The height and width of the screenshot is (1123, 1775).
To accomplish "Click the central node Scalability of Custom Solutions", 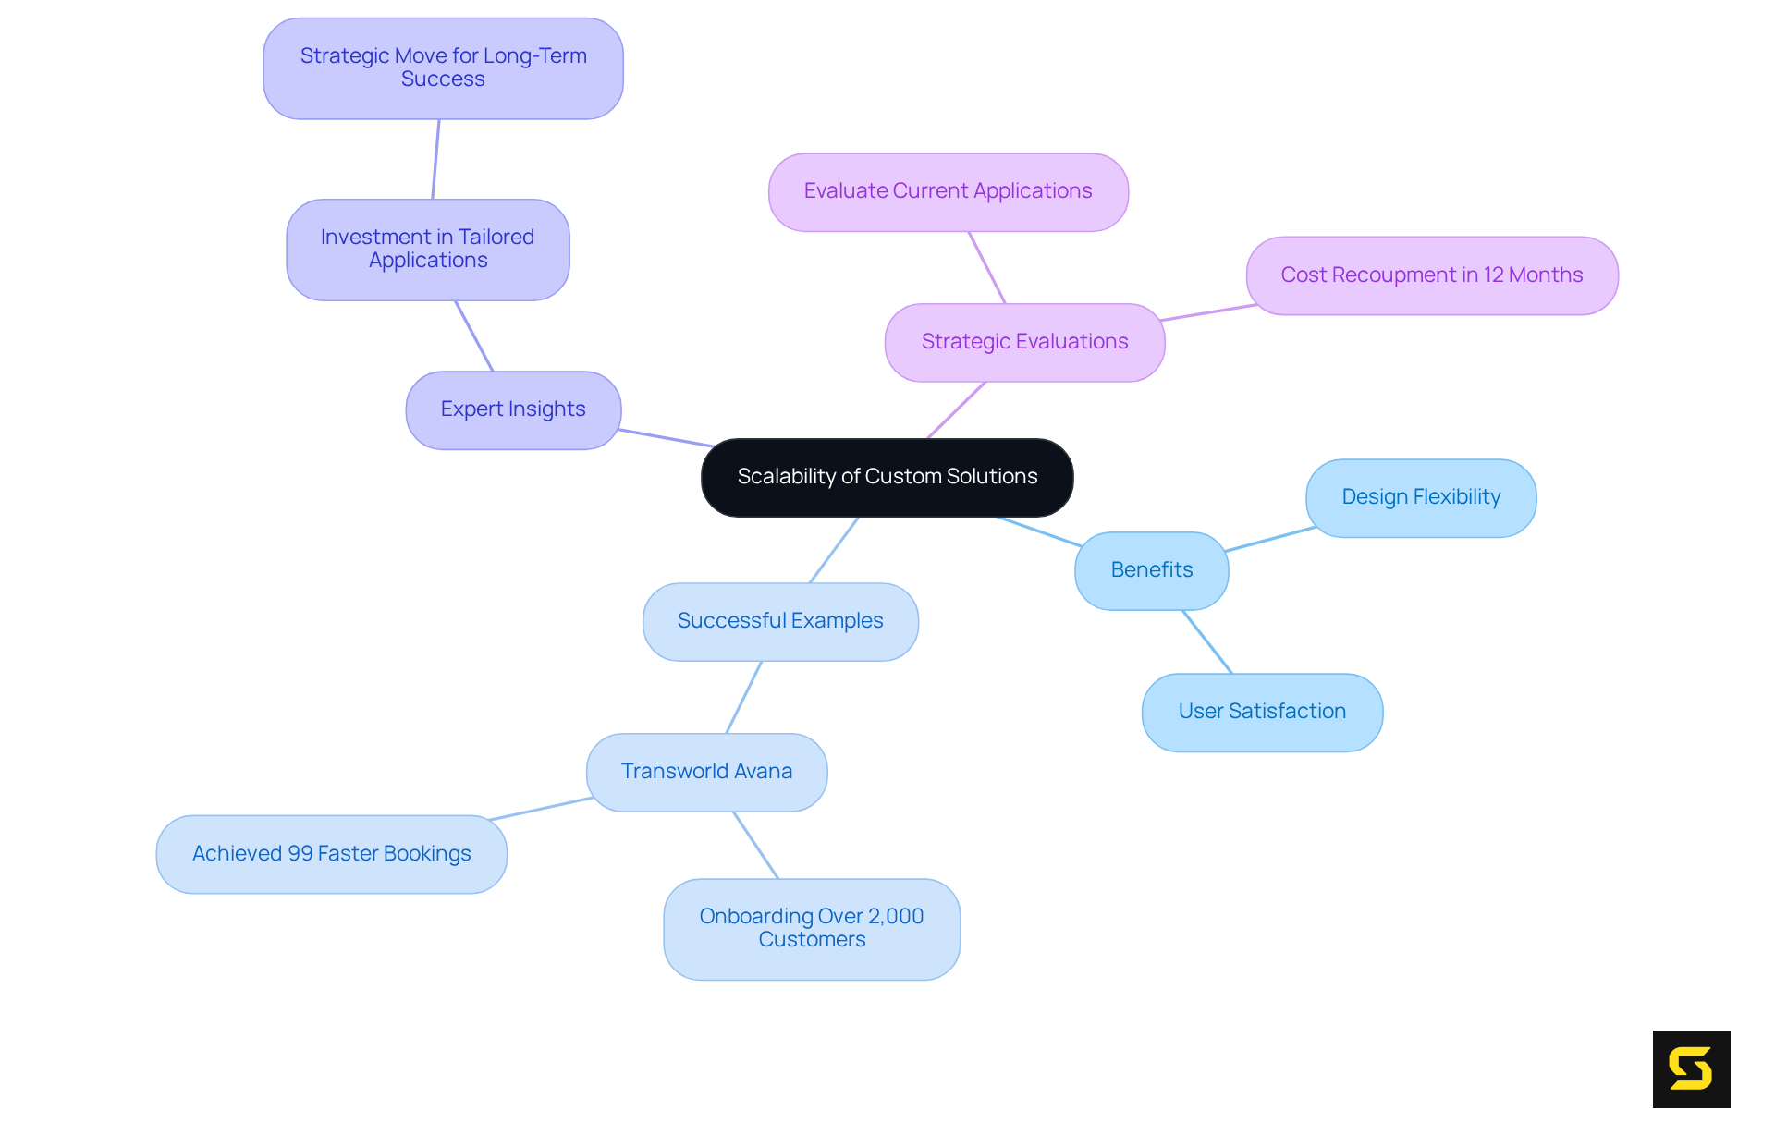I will pos(887,477).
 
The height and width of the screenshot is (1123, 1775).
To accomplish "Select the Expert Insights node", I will pos(513,409).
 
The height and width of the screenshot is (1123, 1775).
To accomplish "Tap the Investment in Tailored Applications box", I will pos(427,250).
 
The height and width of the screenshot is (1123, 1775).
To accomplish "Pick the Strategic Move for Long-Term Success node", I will pos(443,68).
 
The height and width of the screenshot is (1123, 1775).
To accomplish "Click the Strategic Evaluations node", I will pos(1024,342).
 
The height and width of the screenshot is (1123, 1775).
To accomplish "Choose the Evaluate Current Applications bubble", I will pos(948,191).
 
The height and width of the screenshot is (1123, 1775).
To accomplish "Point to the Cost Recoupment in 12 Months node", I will pos(1431,275).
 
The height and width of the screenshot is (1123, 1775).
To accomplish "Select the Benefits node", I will pos(1151,570).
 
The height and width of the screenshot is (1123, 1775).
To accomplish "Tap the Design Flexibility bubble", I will pos(1420,497).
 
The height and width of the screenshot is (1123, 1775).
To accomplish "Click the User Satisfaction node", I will pos(1262,712).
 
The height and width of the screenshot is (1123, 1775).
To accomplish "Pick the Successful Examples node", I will pos(780,621).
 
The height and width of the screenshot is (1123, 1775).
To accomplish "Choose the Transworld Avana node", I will pos(706,772).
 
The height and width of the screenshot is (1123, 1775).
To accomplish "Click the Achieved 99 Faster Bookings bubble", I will pos(331,854).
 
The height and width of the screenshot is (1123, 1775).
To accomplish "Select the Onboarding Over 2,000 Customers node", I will pos(811,928).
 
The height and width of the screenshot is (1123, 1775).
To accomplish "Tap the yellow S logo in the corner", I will pos(1691,1068).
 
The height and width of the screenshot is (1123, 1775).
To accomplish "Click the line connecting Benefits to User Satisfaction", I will pos(1207,641).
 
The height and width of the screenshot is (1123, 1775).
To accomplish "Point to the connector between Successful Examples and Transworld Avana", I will pos(744,697).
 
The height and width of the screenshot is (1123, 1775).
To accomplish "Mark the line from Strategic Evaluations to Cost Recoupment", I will pos(1206,312).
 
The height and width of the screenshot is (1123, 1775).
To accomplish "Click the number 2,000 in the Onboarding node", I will pos(896,916).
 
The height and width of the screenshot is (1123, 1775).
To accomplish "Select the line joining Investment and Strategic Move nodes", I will pos(435,159).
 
